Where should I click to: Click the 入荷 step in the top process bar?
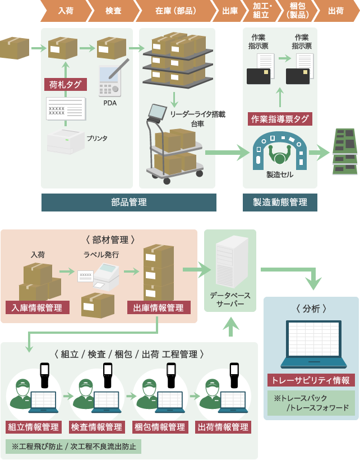65,11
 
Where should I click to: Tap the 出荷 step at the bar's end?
335,11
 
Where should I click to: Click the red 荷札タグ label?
65,85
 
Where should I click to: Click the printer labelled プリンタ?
66,141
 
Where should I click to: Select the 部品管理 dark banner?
129,202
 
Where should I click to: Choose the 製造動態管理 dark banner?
280,202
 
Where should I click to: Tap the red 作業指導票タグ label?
280,118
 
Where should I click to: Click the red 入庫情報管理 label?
38,307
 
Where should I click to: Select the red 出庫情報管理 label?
159,307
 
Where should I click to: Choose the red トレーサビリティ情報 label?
311,380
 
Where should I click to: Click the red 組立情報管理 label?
34,427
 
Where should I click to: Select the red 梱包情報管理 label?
160,427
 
